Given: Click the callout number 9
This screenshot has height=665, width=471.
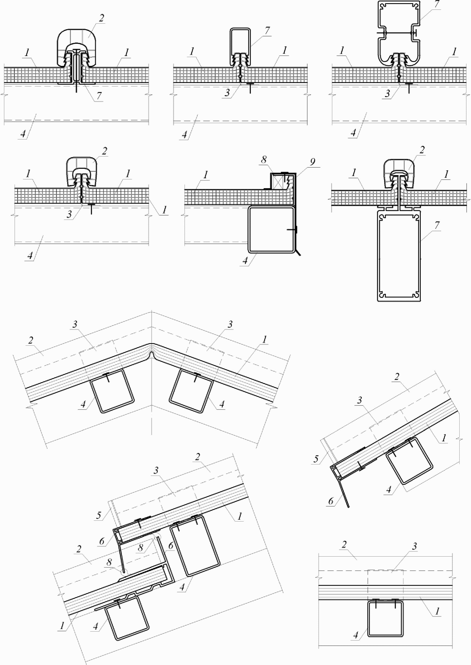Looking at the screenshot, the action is tap(312, 162).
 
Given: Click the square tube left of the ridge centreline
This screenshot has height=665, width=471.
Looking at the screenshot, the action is tap(112, 391).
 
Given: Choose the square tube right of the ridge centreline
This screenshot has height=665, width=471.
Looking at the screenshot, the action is tap(191, 391).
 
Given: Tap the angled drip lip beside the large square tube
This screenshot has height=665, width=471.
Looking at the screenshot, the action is tap(298, 252).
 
